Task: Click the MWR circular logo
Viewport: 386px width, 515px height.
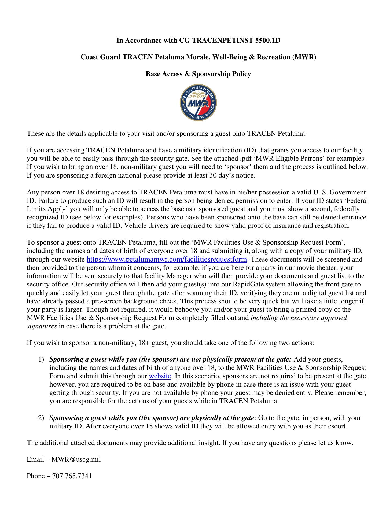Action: pyautogui.click(x=198, y=103)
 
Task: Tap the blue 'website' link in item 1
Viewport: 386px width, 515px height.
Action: pyautogui.click(x=160, y=376)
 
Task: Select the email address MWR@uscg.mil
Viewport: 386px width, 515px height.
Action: pyautogui.click(x=76, y=459)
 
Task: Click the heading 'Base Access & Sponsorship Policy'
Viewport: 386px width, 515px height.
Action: pyautogui.click(x=198, y=74)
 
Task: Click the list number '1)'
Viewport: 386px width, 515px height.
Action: pyautogui.click(x=41, y=359)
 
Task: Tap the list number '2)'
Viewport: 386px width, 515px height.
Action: pyautogui.click(x=41, y=418)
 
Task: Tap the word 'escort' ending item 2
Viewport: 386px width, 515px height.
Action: pyautogui.click(x=339, y=426)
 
